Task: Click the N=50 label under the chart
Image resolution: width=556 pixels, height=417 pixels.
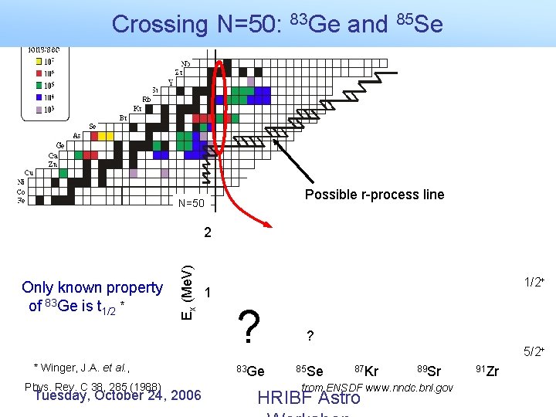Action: click(191, 204)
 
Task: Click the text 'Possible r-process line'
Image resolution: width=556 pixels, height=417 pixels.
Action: click(375, 195)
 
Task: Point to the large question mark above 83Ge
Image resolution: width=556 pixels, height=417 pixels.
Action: click(248, 327)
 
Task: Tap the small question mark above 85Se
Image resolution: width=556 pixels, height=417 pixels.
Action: click(310, 336)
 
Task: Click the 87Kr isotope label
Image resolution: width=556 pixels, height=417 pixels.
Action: click(366, 371)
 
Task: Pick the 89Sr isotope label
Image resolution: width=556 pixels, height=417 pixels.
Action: click(429, 371)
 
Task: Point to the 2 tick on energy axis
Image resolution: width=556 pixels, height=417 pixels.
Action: click(207, 232)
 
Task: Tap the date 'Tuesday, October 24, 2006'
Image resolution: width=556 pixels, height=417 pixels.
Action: click(117, 395)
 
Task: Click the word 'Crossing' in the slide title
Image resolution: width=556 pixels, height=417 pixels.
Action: click(159, 24)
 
